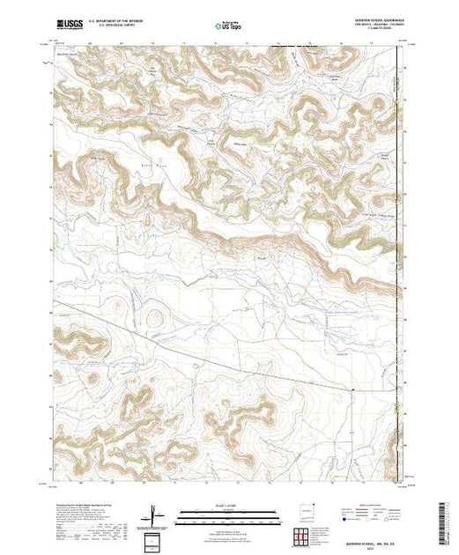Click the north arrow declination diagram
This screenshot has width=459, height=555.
pos(155,513)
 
